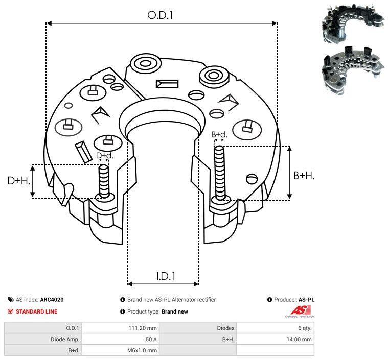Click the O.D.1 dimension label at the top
pos(161,15)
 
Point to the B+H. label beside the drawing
pos(304,175)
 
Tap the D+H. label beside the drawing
pos(19,180)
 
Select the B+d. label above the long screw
pos(219,135)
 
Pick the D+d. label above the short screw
pos(104,155)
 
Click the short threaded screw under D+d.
pos(104,181)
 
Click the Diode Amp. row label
pos(65,339)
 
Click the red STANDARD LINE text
pos(36,311)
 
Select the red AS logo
pos(299,310)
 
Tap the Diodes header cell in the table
pos(225,328)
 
